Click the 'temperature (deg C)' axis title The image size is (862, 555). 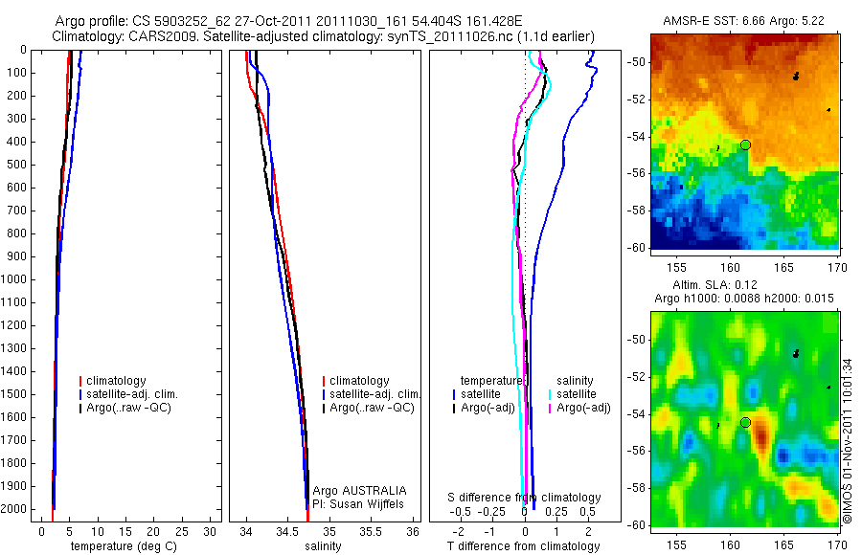click(x=120, y=546)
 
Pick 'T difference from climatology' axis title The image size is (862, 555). click(x=524, y=546)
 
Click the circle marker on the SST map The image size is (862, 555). click(x=746, y=144)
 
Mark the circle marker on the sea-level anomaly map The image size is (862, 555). click(x=746, y=422)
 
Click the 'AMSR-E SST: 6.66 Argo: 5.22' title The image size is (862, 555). click(x=745, y=21)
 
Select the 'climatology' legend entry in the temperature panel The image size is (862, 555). click(x=119, y=381)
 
